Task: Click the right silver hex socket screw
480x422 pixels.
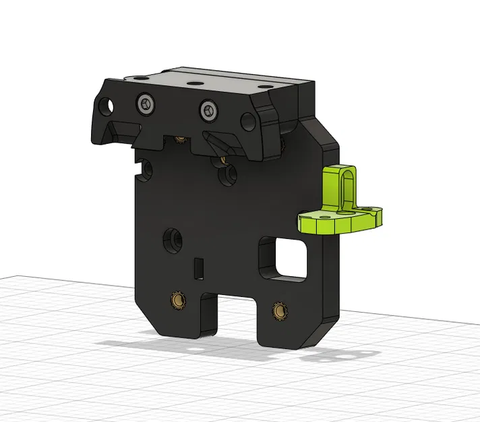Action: (208, 109)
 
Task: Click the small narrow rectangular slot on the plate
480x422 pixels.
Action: (198, 267)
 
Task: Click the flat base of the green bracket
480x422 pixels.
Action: (340, 220)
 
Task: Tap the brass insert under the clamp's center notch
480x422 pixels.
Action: (180, 140)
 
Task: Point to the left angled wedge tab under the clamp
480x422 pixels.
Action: (121, 128)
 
